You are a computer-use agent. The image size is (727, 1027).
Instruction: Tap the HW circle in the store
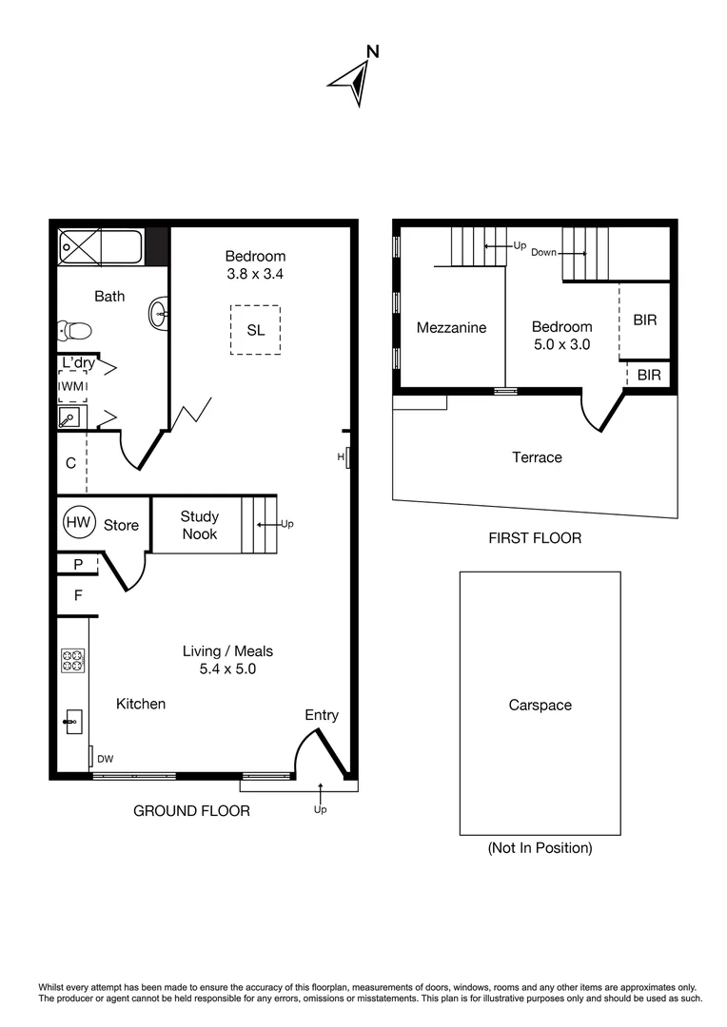pyautogui.click(x=79, y=522)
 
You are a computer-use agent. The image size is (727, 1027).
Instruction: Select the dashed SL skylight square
pyautogui.click(x=255, y=330)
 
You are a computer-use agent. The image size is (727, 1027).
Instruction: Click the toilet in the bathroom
pyautogui.click(x=74, y=331)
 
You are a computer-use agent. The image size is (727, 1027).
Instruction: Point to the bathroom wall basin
pyautogui.click(x=159, y=312)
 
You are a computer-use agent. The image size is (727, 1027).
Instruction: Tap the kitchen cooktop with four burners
pyautogui.click(x=72, y=660)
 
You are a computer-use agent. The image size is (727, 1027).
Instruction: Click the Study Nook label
pyautogui.click(x=199, y=525)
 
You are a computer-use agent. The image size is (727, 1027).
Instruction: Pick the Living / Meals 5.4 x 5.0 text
pyautogui.click(x=227, y=660)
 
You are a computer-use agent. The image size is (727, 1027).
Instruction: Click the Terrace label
pyautogui.click(x=537, y=457)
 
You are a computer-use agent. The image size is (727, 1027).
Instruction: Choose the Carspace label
pyautogui.click(x=540, y=706)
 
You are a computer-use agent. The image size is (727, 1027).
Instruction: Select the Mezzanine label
pyautogui.click(x=451, y=328)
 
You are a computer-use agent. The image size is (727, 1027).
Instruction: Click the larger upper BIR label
pyautogui.click(x=645, y=320)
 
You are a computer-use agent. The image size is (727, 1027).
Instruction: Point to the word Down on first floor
pyautogui.click(x=543, y=253)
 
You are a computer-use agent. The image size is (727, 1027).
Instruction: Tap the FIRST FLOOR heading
pyautogui.click(x=534, y=538)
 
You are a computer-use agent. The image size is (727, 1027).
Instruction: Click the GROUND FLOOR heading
pyautogui.click(x=191, y=811)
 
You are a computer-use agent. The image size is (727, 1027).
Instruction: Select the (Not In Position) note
pyautogui.click(x=540, y=847)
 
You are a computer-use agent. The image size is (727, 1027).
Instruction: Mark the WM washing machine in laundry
pyautogui.click(x=72, y=386)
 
